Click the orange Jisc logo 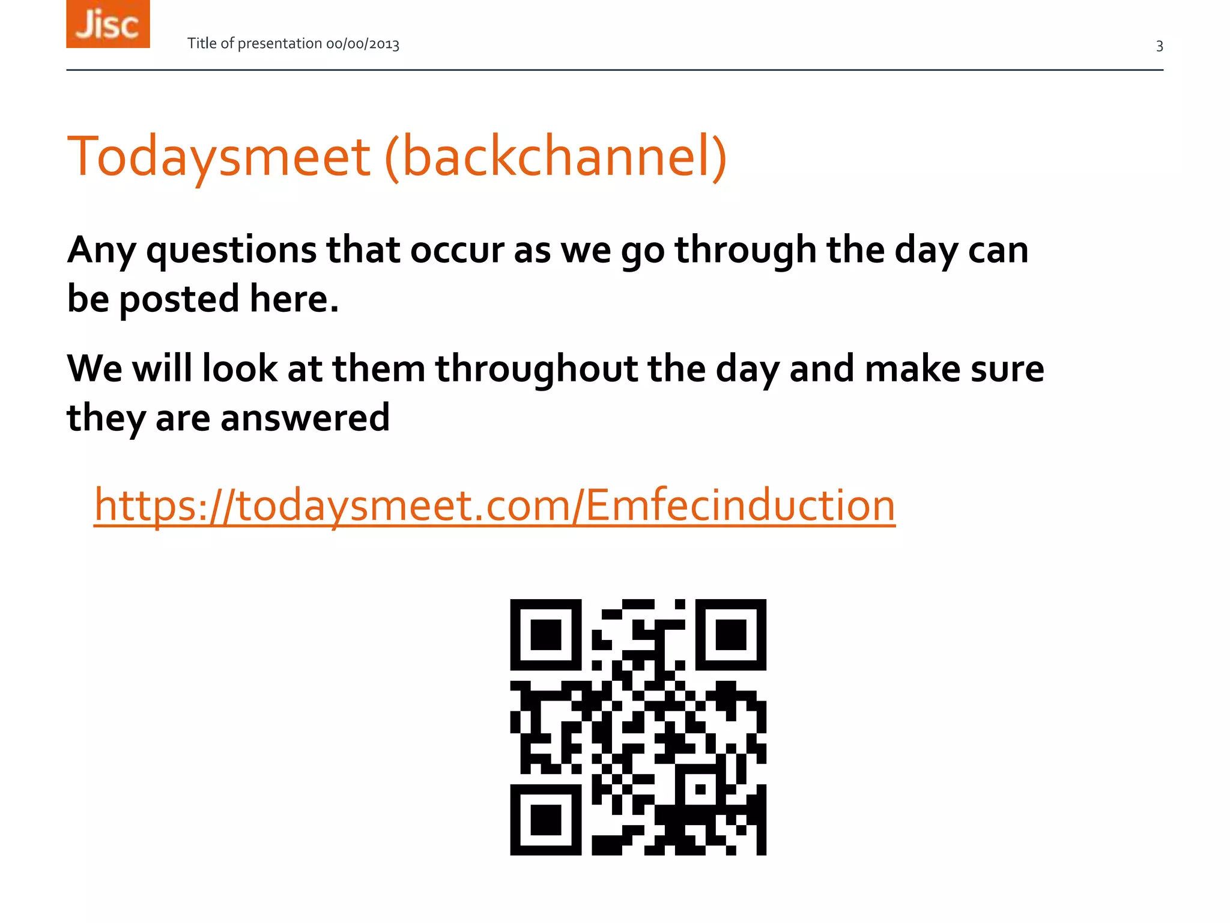(108, 24)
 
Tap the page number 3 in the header (1159, 46)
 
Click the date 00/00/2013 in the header (362, 44)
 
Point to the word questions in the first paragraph (231, 251)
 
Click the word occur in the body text (456, 251)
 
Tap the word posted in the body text (179, 299)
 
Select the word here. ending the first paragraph (294, 299)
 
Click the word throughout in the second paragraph (536, 369)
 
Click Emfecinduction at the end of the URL (740, 505)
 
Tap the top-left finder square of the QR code (546, 635)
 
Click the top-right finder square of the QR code (731, 635)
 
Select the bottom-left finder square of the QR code (546, 820)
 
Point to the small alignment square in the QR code (700, 789)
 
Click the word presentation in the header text (280, 44)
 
